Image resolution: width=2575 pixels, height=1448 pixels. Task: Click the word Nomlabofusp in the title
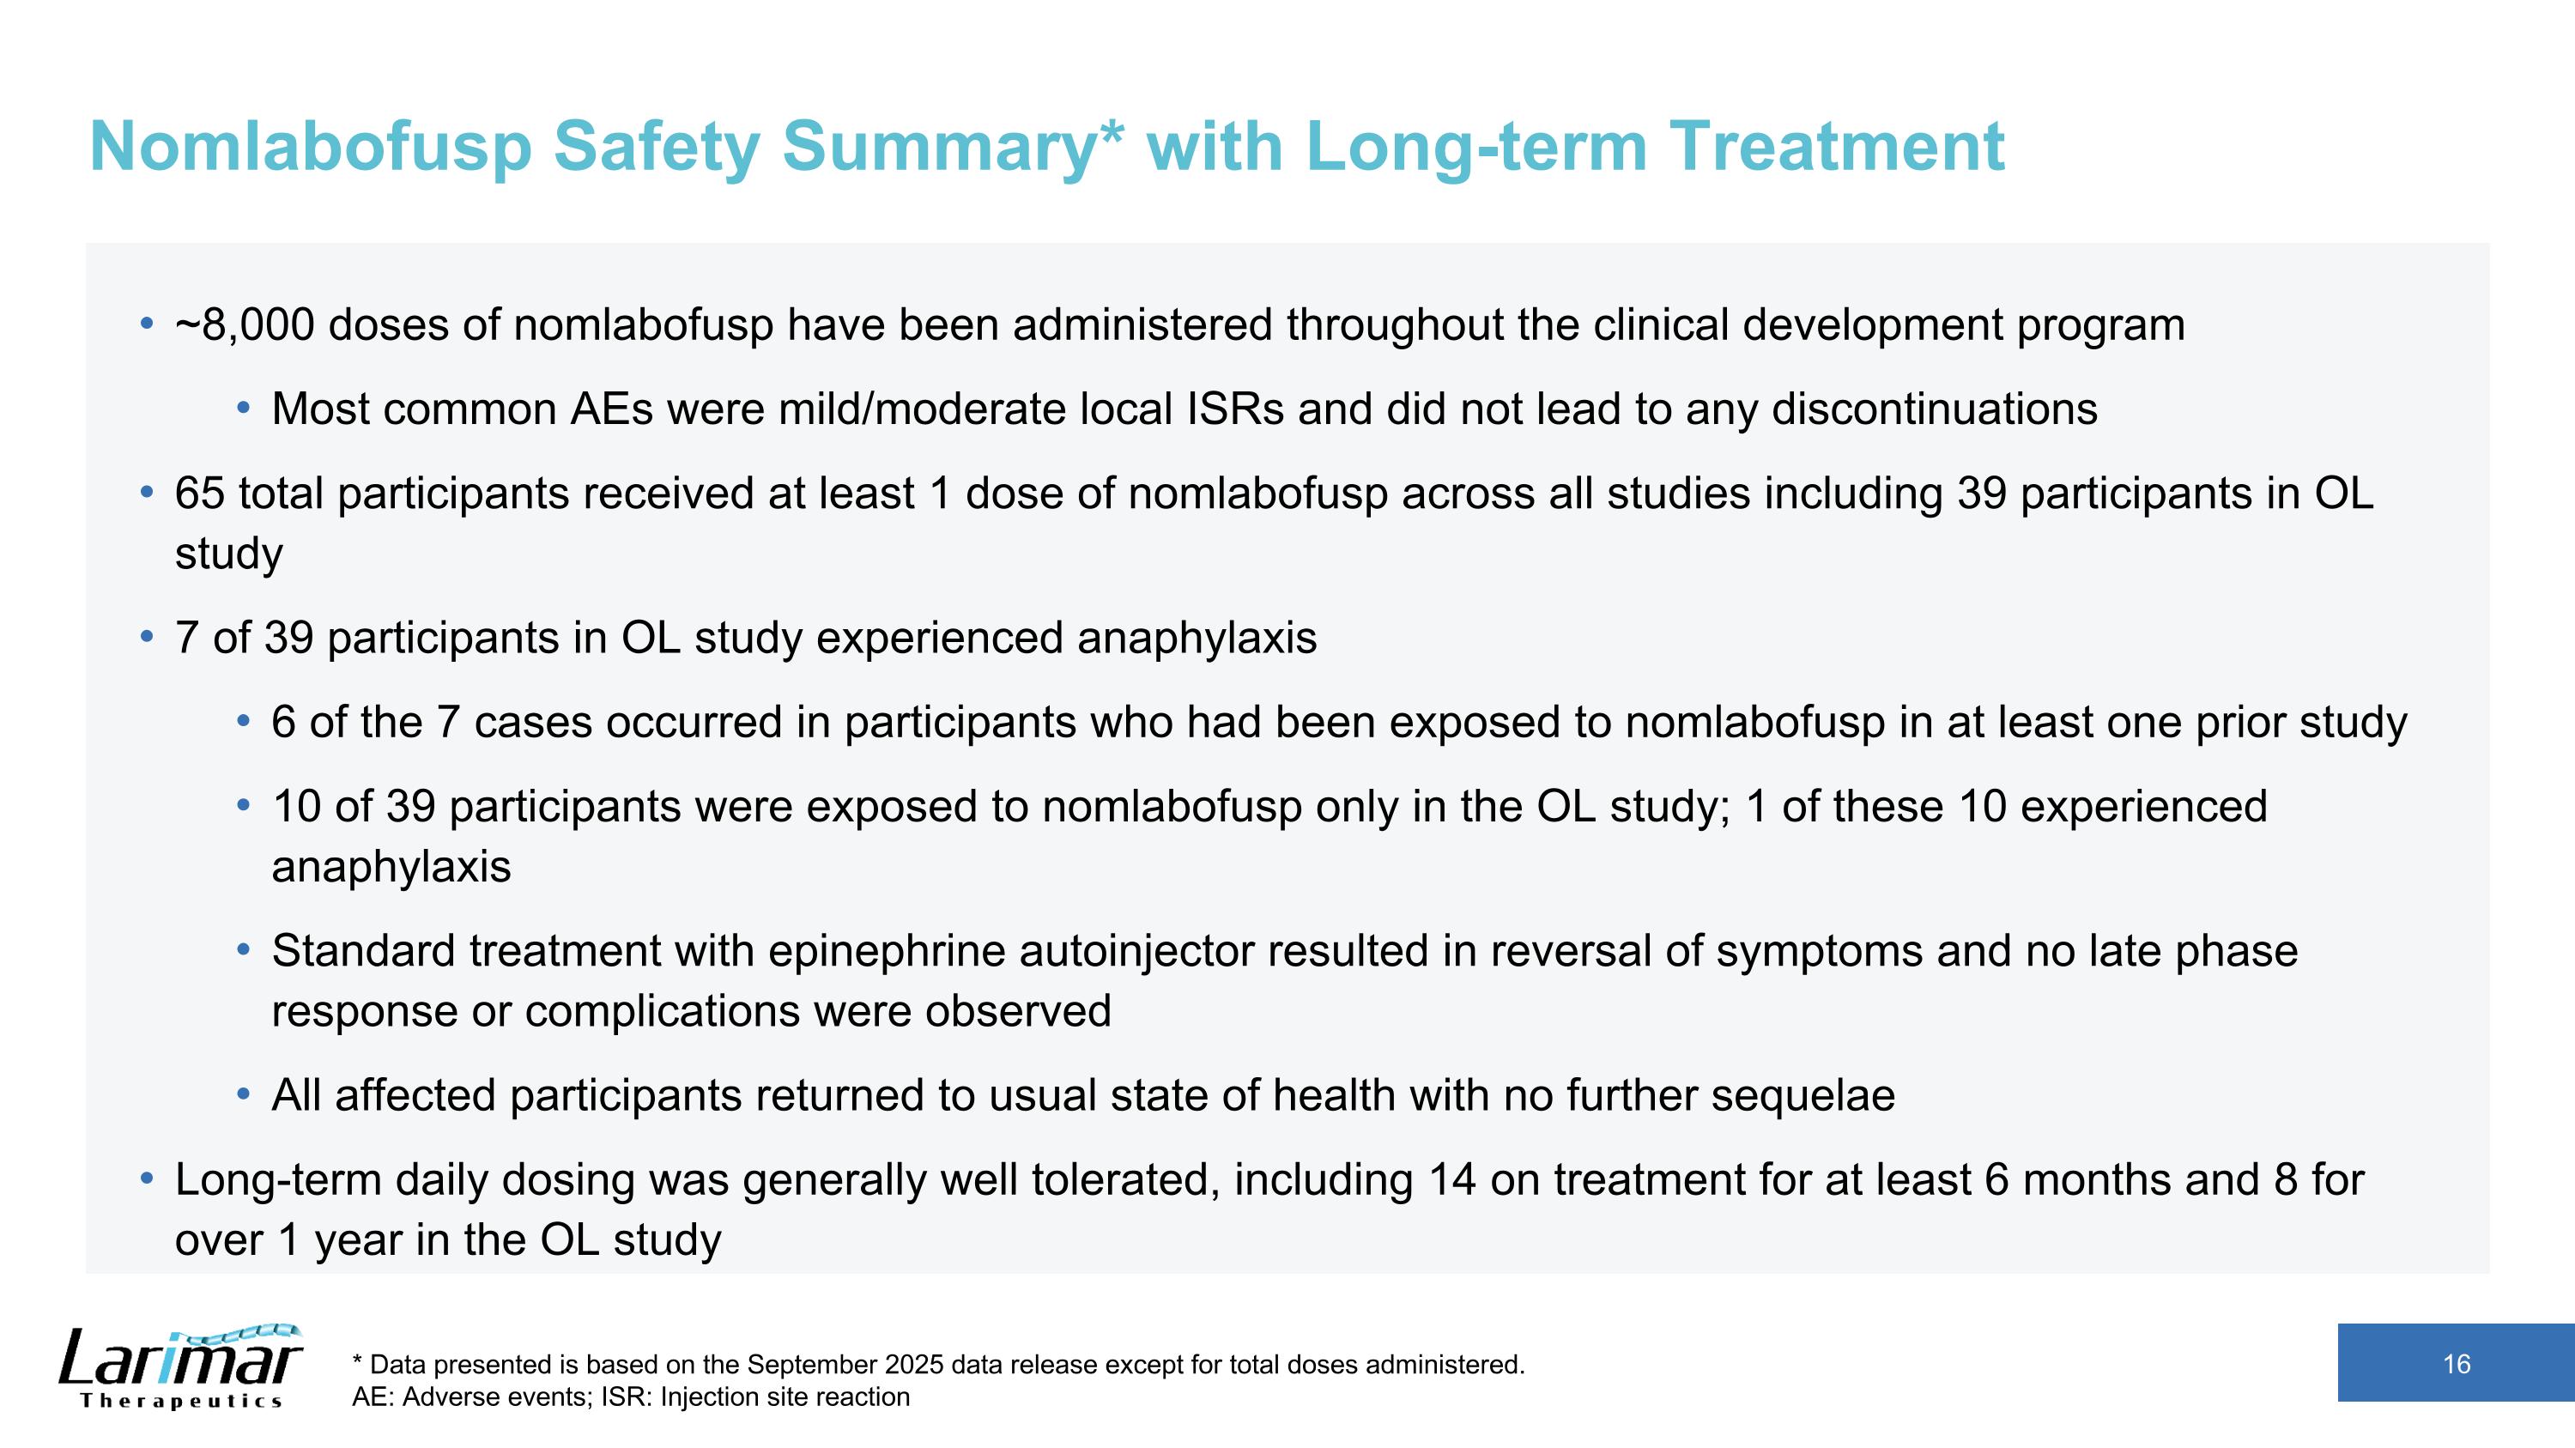tap(310, 147)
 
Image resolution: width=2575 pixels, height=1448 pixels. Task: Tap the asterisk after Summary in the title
tap(1111, 135)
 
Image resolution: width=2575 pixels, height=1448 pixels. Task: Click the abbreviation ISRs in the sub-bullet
tap(1235, 409)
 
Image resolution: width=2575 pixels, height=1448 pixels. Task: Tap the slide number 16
tap(2456, 1364)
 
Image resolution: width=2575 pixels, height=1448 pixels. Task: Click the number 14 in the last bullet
tap(1451, 1180)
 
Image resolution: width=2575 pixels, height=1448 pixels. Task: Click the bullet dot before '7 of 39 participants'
tap(147, 638)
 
